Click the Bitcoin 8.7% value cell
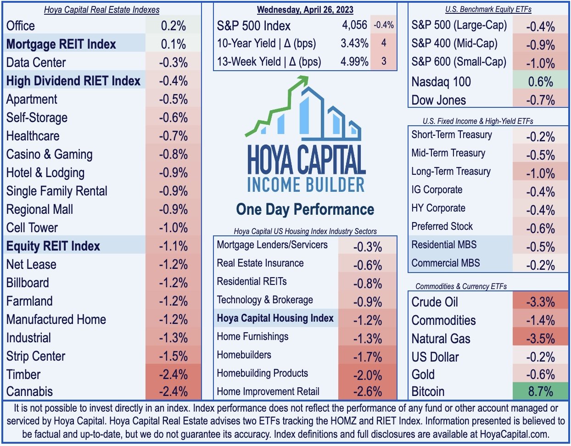coord(540,392)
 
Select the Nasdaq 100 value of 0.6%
coord(540,82)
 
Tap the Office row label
coord(21,26)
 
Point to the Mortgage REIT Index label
coord(61,44)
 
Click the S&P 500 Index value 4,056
coord(354,25)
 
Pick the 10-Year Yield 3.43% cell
coord(354,43)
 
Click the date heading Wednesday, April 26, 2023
coord(305,9)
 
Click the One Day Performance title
coord(305,209)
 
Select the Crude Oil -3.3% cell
coord(540,302)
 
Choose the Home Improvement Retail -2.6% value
coord(368,392)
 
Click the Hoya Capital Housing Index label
coord(275,318)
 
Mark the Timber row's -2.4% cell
coord(173,374)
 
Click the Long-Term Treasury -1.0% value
coord(540,173)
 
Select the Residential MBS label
coord(444,245)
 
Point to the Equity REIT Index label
coord(53,246)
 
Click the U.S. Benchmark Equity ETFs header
coord(488,9)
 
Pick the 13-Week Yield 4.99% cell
coord(354,61)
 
